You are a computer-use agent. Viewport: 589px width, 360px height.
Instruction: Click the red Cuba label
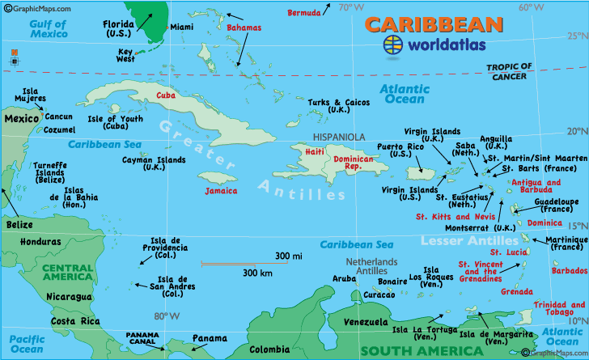pyautogui.click(x=166, y=95)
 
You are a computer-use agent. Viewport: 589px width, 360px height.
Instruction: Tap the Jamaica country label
pyautogui.click(x=221, y=191)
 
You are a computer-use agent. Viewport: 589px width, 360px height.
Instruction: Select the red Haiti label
pyautogui.click(x=314, y=151)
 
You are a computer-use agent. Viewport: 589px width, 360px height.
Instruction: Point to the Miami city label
pyautogui.click(x=182, y=28)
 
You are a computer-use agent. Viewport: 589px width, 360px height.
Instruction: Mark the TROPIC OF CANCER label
pyautogui.click(x=509, y=71)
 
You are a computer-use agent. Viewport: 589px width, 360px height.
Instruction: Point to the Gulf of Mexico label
pyautogui.click(x=48, y=29)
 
